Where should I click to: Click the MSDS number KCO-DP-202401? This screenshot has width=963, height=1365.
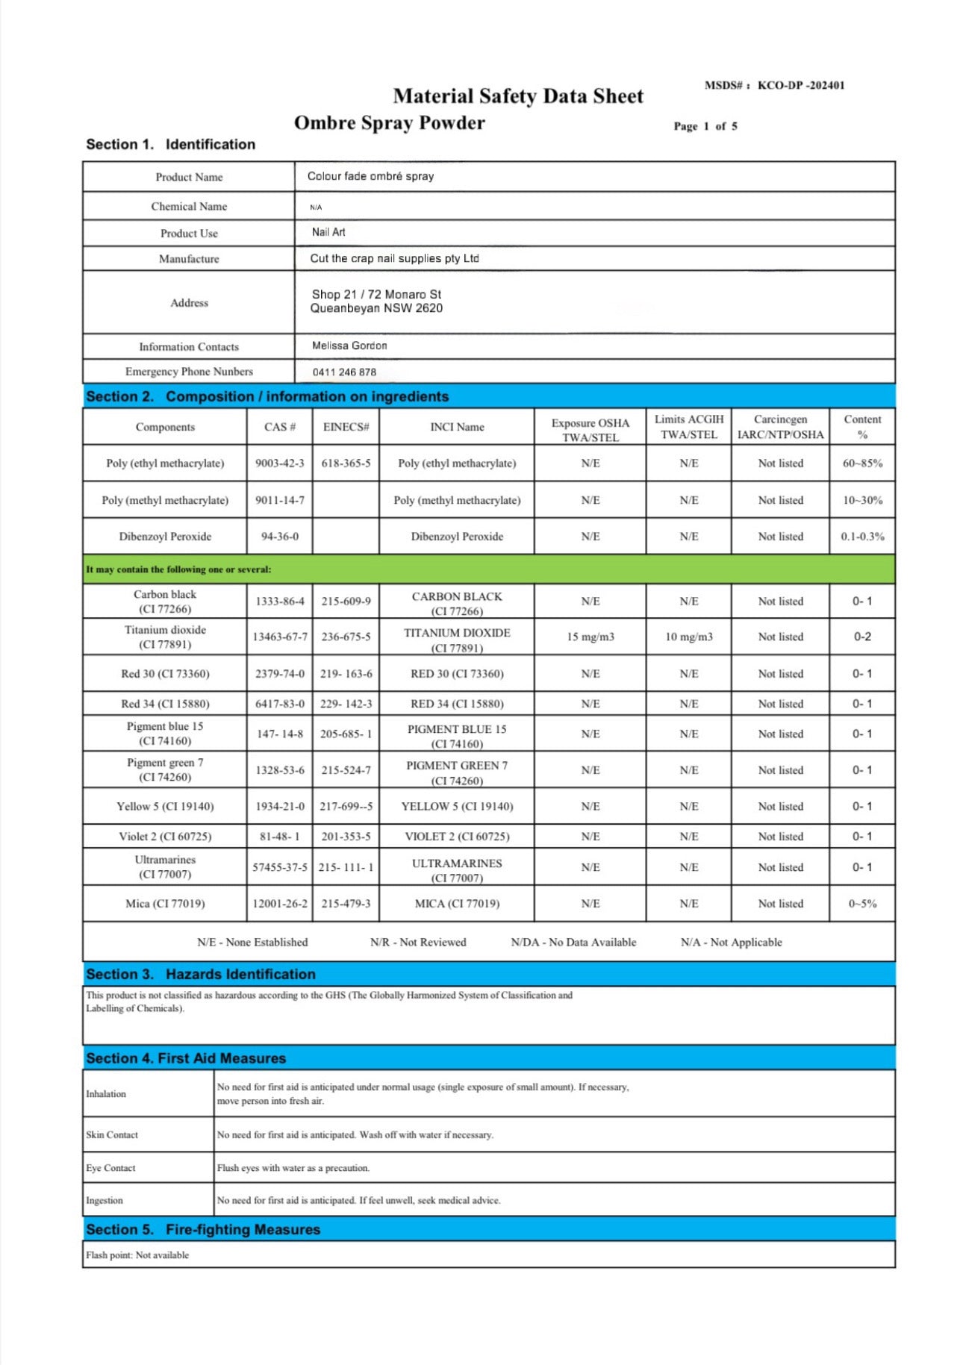tap(800, 85)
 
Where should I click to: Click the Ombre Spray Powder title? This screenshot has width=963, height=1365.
tap(389, 123)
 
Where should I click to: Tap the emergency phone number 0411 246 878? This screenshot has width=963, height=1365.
tap(344, 372)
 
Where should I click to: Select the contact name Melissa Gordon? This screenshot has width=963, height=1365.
tap(349, 346)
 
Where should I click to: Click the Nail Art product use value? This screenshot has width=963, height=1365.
tap(328, 232)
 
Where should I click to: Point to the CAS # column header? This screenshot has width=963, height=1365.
tap(279, 427)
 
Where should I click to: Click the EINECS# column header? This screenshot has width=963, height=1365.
tap(346, 427)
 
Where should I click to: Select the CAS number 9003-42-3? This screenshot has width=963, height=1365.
tap(279, 463)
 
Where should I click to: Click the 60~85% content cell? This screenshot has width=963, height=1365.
tap(862, 463)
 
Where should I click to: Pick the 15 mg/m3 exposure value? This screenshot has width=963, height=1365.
tap(590, 637)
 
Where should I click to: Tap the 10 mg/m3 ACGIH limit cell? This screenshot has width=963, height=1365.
tap(688, 637)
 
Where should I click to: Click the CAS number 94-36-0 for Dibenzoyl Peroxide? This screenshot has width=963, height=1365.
tap(279, 537)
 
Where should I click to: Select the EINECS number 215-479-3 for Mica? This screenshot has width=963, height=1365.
tap(346, 904)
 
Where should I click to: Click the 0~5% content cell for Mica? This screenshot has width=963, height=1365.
tap(862, 904)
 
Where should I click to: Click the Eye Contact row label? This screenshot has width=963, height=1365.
tap(110, 1168)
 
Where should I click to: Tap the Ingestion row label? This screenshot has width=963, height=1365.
tap(105, 1200)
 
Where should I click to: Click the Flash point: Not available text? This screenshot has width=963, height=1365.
tap(137, 1255)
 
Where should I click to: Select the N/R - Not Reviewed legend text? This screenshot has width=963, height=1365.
tap(418, 943)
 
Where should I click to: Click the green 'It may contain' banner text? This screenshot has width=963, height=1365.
tap(178, 569)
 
